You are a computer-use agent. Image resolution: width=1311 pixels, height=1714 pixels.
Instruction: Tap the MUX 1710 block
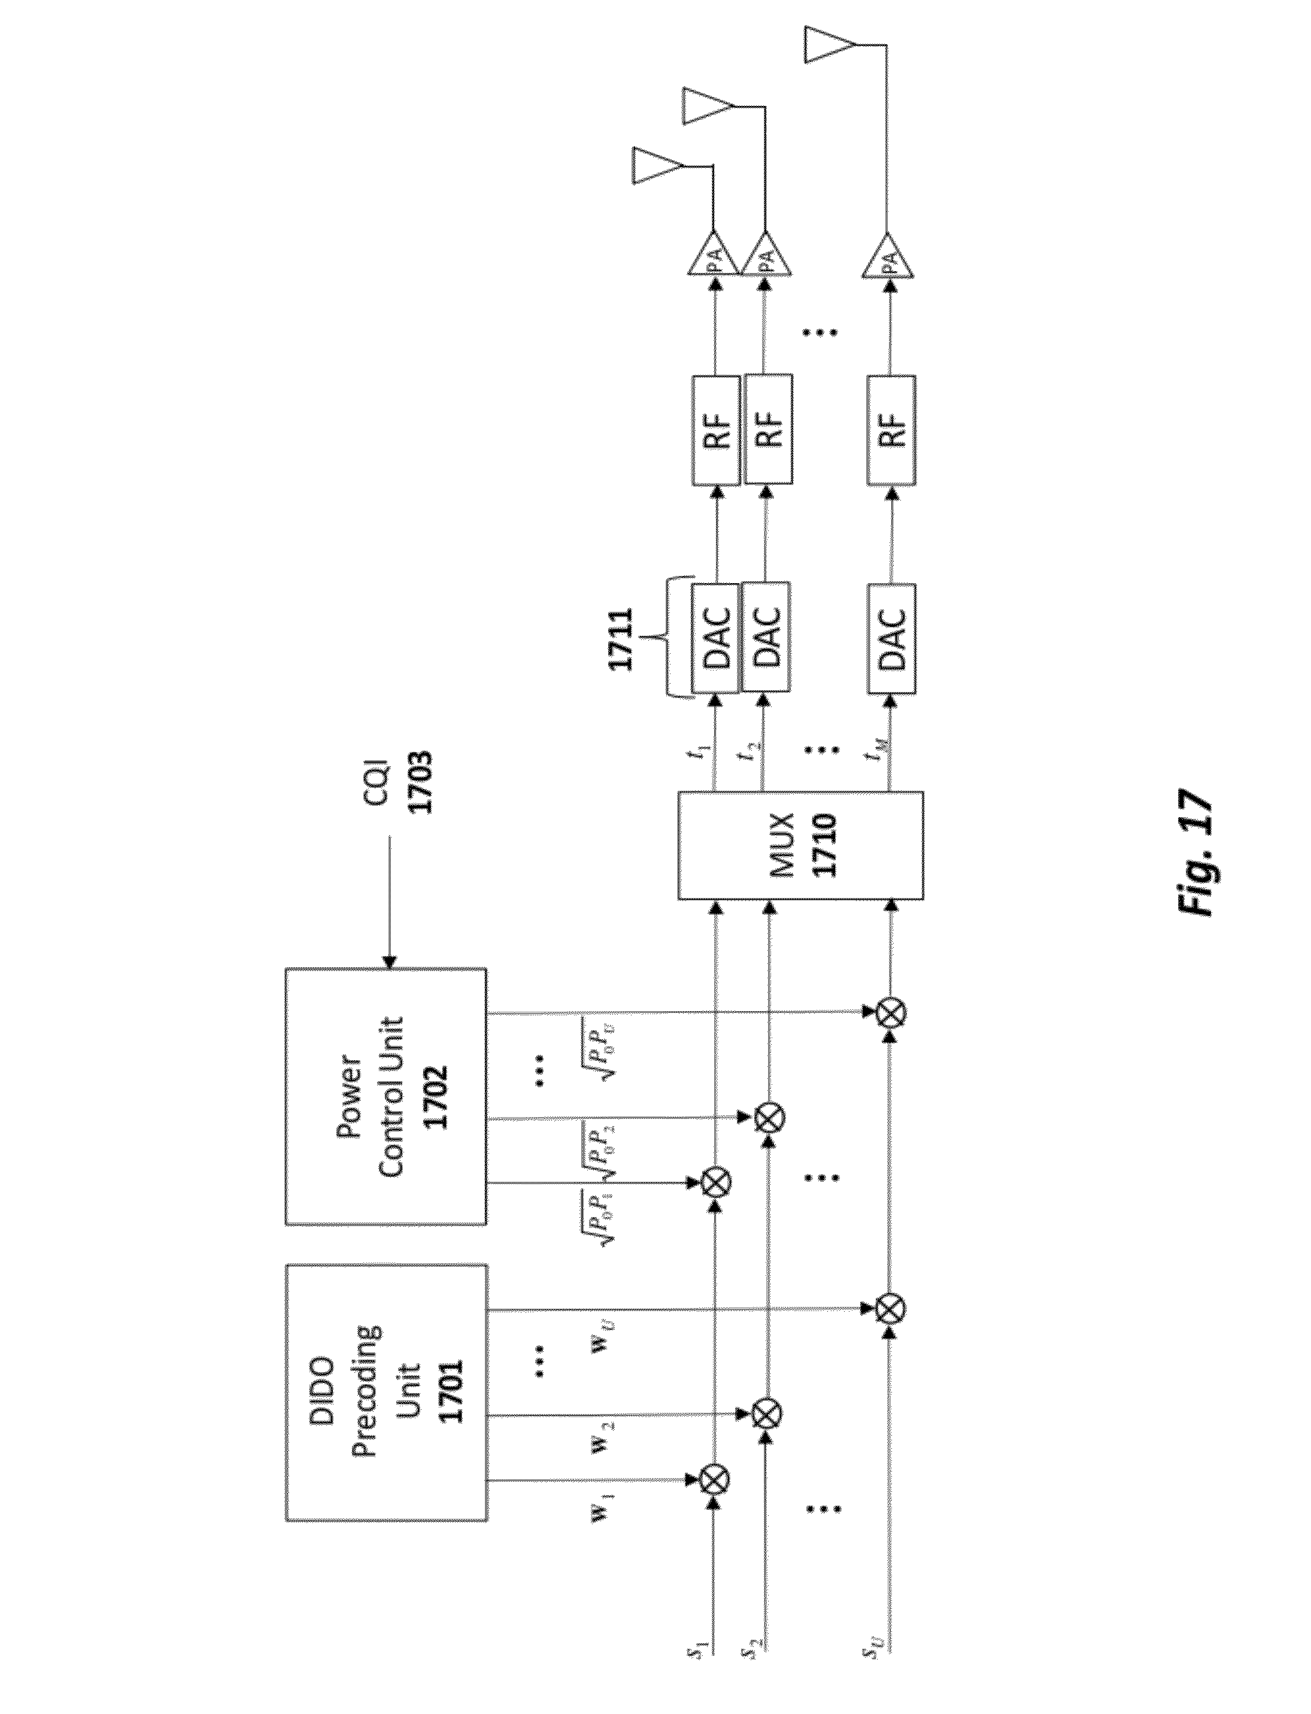click(x=800, y=845)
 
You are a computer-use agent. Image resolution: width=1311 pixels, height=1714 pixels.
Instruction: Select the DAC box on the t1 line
click(x=715, y=638)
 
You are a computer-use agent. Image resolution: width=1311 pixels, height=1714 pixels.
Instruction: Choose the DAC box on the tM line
click(x=891, y=638)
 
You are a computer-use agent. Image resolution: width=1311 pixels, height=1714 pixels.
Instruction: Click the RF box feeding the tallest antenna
click(x=891, y=429)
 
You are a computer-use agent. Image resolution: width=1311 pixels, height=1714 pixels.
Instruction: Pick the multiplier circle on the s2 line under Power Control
click(x=769, y=1118)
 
